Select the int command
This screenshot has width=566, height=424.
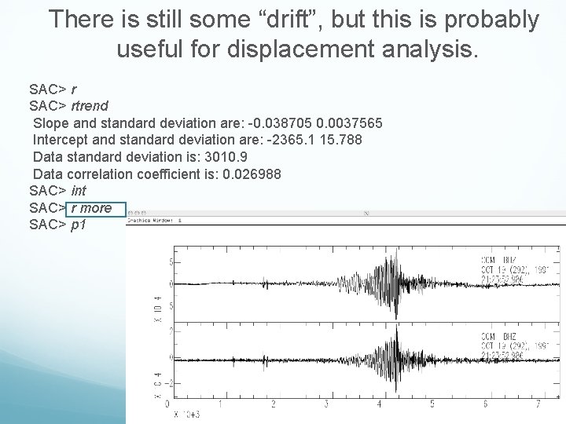[79, 192]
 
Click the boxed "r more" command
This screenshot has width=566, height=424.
[92, 209]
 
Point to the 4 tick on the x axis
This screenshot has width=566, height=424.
[379, 404]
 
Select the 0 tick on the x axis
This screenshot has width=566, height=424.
[167, 404]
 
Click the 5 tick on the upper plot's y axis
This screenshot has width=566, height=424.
[172, 261]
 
